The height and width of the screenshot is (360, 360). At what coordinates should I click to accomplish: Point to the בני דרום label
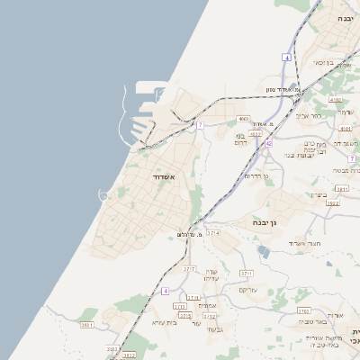(240, 139)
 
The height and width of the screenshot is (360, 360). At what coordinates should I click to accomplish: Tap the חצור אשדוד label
(304, 243)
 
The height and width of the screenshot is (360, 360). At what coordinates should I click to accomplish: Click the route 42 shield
(268, 142)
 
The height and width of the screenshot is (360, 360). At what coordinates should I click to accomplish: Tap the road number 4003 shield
(256, 133)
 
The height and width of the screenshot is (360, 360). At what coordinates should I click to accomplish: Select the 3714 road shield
(213, 232)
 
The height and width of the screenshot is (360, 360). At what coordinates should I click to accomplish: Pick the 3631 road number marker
(87, 324)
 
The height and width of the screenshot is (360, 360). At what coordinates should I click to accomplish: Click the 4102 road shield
(335, 100)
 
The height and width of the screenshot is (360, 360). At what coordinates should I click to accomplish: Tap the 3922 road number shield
(333, 203)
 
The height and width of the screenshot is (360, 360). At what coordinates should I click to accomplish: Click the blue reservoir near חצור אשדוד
(263, 251)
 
